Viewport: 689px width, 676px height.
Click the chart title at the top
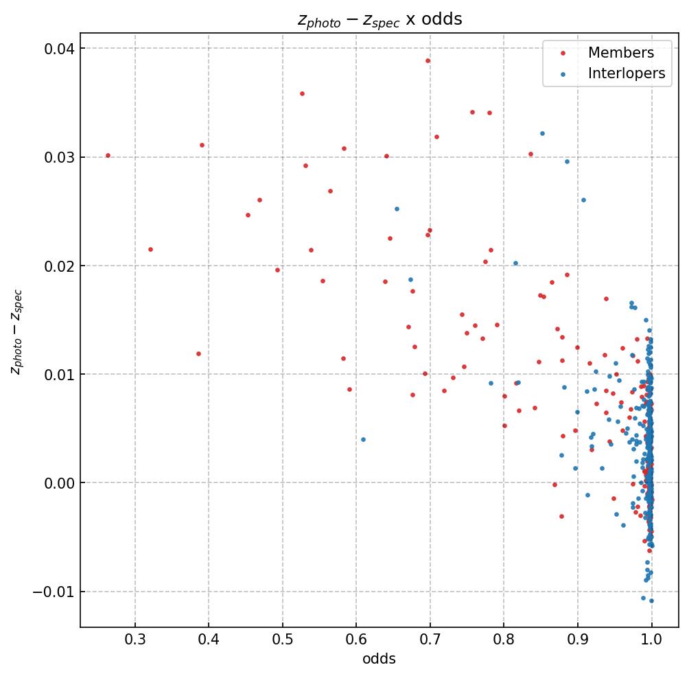[x=379, y=19]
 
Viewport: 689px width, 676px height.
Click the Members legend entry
[x=620, y=53]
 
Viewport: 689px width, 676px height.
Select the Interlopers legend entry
[x=626, y=74]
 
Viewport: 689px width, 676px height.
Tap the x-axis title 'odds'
[x=379, y=659]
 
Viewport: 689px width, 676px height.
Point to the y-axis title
[x=16, y=331]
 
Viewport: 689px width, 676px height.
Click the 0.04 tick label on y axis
[x=58, y=48]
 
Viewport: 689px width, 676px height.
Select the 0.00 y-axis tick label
[x=58, y=483]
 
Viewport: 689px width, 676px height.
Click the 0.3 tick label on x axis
[x=135, y=640]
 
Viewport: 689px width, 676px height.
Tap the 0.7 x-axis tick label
[x=430, y=640]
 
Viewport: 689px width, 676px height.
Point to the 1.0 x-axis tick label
[x=651, y=640]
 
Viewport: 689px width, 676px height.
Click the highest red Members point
[x=428, y=60]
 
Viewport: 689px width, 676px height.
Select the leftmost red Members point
[x=108, y=156]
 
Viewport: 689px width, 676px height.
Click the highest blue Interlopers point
[x=542, y=134]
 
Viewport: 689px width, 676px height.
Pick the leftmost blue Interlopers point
[x=363, y=439]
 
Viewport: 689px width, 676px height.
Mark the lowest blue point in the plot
[x=651, y=601]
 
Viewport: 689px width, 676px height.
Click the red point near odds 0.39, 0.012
[x=198, y=354]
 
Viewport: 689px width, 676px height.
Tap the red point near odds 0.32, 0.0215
[x=150, y=249]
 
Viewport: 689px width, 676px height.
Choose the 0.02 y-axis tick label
[x=58, y=266]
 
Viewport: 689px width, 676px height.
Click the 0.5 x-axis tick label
[x=283, y=640]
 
